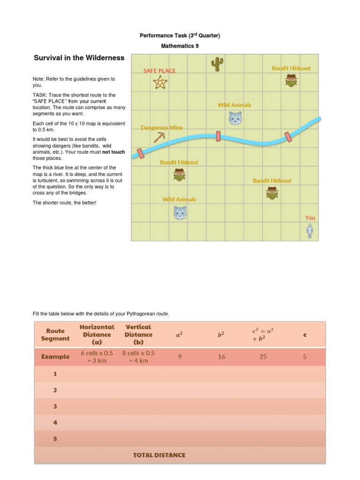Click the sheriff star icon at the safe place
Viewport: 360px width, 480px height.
tap(160, 83)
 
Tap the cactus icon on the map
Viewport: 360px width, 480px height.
tap(217, 64)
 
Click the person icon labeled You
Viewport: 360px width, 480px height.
tap(309, 231)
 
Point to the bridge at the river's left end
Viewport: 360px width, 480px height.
tap(140, 153)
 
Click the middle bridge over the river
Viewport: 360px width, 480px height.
tap(218, 136)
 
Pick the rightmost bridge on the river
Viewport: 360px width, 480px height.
tap(288, 136)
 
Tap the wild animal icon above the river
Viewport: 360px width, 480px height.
tap(235, 118)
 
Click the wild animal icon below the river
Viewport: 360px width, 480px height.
tap(180, 213)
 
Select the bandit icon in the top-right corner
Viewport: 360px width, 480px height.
tap(292, 81)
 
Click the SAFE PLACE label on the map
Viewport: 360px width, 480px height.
tap(159, 71)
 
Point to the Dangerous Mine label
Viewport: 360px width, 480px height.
tap(162, 127)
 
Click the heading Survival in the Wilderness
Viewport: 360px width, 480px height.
tap(79, 58)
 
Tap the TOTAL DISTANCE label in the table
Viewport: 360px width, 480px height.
tap(159, 455)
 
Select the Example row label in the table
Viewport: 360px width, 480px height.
tap(55, 356)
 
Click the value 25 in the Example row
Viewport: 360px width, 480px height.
tap(263, 357)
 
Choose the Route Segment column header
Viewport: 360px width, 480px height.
tap(55, 334)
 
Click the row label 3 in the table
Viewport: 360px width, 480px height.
tap(55, 406)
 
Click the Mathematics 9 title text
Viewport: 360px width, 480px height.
tap(180, 46)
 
